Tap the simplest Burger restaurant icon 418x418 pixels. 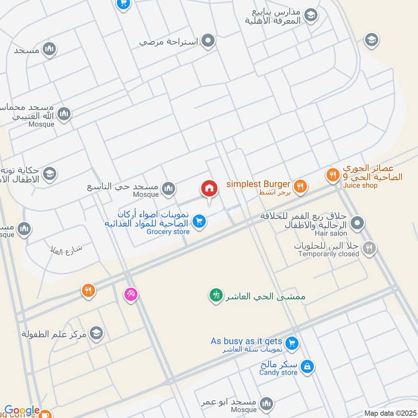(300, 185)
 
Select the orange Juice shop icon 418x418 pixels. (332, 176)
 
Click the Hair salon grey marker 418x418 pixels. (357, 224)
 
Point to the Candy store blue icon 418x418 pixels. (308, 367)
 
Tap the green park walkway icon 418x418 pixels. (215, 296)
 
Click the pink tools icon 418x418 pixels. (130, 295)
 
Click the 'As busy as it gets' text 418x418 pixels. (246, 341)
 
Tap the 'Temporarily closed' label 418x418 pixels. (329, 254)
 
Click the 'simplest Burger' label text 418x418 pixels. (258, 184)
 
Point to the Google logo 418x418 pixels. (22, 411)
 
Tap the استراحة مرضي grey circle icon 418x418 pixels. (208, 40)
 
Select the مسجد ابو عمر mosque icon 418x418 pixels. (267, 403)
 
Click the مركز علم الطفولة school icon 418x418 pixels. (96, 333)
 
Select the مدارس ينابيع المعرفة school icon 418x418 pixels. (311, 16)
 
